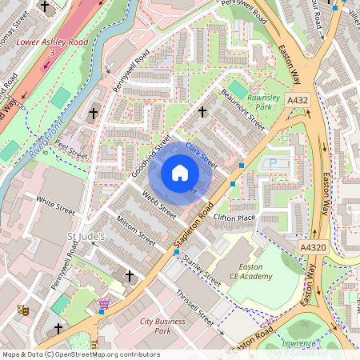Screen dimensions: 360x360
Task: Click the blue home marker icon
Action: pos(180,172)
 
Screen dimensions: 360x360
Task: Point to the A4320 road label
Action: pos(314,249)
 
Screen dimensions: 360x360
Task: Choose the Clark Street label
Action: pos(201,154)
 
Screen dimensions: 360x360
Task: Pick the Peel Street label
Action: pos(70,150)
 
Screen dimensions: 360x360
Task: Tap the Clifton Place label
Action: pos(234,218)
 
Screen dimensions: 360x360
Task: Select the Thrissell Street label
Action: pos(197,308)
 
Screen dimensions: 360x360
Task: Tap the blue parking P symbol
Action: pos(272,163)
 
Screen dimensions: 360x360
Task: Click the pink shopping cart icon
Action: pos(103,305)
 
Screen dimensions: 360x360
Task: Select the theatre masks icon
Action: pos(23,309)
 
